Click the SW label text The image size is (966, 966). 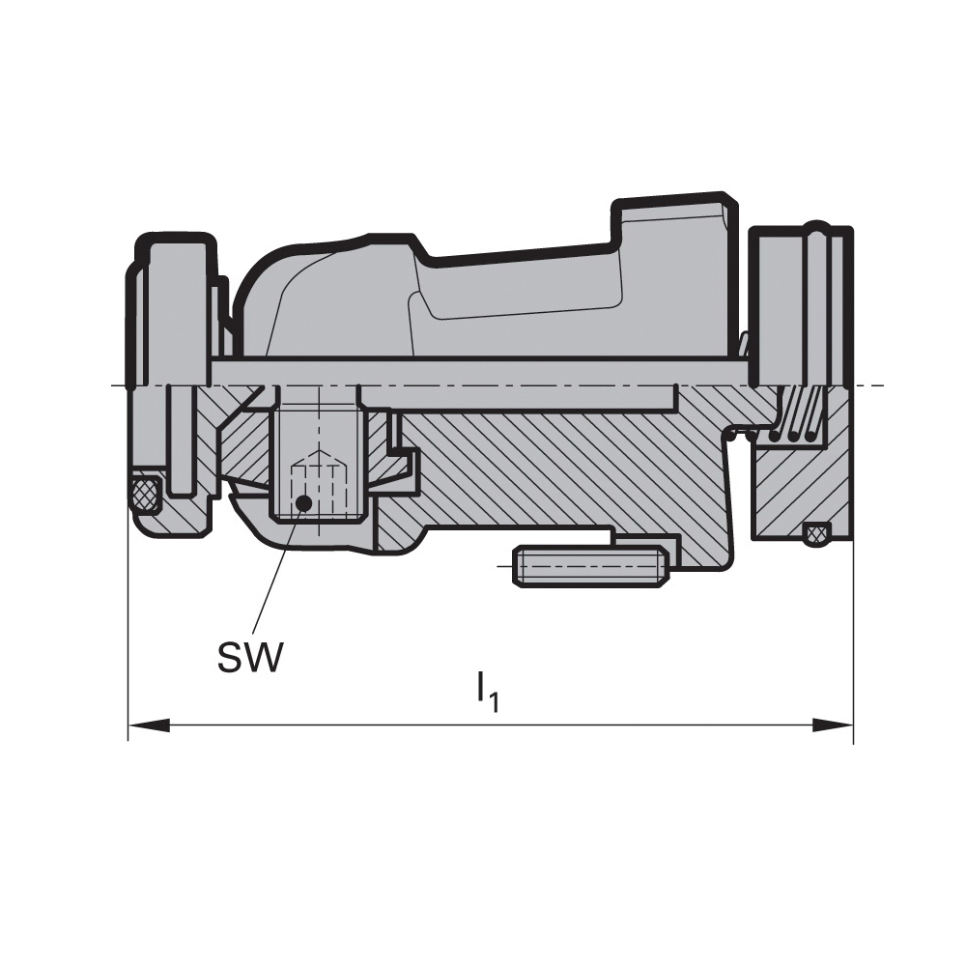point(249,657)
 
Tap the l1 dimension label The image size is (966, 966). point(487,695)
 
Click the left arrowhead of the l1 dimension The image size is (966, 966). point(149,724)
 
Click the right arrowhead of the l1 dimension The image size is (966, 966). point(833,724)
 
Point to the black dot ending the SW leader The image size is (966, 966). point(303,503)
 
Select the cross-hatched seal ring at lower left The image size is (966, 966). point(146,493)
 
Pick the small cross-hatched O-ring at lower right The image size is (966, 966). point(816,533)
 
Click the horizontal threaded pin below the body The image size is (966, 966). point(590,565)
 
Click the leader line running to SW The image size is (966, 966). point(276,573)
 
